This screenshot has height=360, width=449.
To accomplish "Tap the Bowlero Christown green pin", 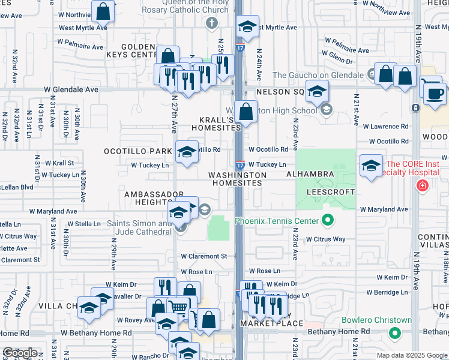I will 394,332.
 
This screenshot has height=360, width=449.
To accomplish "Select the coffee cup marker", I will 434,92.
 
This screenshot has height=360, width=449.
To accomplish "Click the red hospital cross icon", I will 423,186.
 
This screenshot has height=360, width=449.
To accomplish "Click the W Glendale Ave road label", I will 71,89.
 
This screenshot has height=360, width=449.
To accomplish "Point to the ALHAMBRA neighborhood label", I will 310,174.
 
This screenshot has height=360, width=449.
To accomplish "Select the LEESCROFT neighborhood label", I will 330,192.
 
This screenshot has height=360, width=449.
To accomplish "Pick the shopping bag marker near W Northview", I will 103,11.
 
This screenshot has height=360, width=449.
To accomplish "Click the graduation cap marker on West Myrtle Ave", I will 246,26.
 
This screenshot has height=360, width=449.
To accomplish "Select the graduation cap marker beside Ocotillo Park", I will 187,152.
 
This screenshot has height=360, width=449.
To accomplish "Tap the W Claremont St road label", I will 206,256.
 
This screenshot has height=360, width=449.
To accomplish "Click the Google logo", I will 20,353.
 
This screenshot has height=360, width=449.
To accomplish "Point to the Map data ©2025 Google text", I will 411,355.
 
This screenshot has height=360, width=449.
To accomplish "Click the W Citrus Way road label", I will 325,239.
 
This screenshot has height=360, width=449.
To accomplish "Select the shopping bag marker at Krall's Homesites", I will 246,112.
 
